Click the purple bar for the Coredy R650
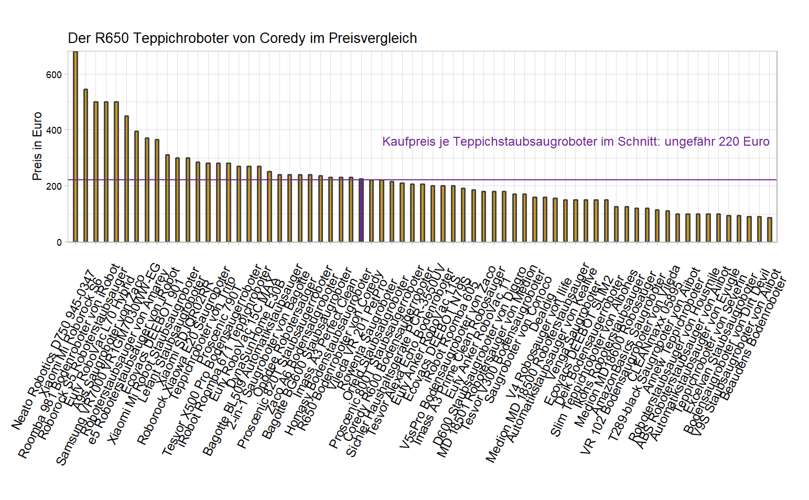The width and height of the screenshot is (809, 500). pyautogui.click(x=361, y=210)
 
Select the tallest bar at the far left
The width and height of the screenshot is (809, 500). pyautogui.click(x=75, y=147)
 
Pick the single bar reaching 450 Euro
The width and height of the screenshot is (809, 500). pyautogui.click(x=126, y=179)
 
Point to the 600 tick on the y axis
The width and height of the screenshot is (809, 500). pyautogui.click(x=54, y=74)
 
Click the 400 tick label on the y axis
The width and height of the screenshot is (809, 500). pyautogui.click(x=54, y=130)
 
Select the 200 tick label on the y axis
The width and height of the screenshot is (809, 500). pyautogui.click(x=54, y=186)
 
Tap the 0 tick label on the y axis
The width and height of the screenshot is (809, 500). pyautogui.click(x=59, y=242)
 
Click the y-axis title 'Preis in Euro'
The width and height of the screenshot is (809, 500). pyautogui.click(x=37, y=146)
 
